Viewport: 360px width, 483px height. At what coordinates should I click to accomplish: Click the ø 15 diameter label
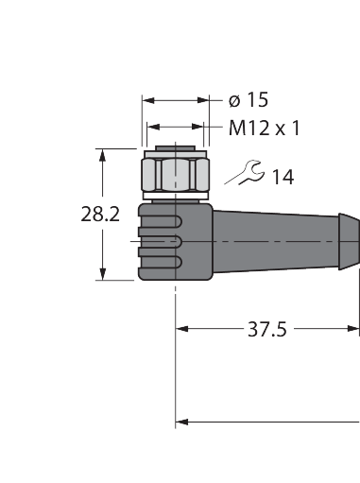[x=249, y=100]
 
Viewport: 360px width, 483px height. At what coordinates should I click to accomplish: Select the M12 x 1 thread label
[x=265, y=129]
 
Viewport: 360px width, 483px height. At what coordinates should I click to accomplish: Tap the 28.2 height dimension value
[x=100, y=215]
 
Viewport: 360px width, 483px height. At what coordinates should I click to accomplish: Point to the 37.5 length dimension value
[x=267, y=329]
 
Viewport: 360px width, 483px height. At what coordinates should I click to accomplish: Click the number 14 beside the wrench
[x=283, y=177]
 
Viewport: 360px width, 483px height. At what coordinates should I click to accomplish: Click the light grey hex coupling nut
[x=176, y=175]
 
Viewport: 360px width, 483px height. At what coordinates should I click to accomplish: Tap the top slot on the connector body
[x=161, y=222]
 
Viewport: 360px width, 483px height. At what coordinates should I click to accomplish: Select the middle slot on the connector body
[x=161, y=242]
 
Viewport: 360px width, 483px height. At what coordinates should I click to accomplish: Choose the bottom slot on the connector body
[x=161, y=262]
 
